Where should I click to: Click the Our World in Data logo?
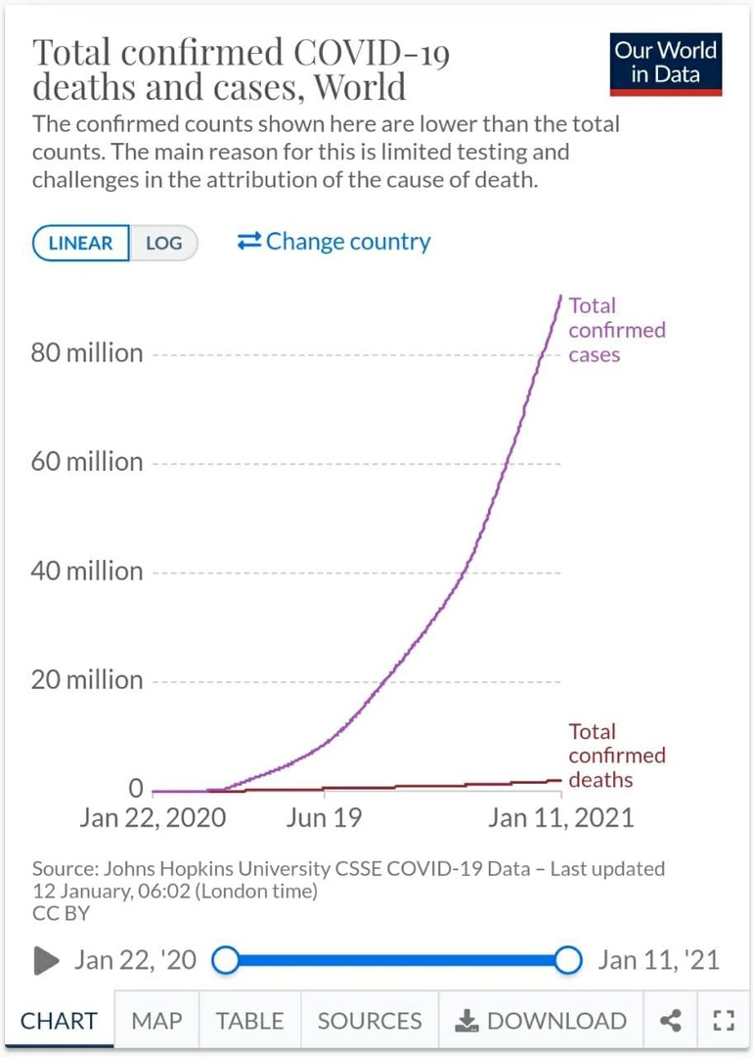(x=666, y=63)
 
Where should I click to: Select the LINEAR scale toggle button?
(x=81, y=244)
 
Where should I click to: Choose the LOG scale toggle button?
(x=163, y=244)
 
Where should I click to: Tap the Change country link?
(x=333, y=242)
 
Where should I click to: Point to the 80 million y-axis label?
(x=87, y=353)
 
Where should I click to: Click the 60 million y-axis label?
(x=87, y=462)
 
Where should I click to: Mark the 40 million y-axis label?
(x=87, y=571)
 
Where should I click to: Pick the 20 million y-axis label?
(x=87, y=679)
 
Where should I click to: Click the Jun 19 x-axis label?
(x=324, y=818)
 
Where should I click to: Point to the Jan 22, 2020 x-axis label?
(x=153, y=818)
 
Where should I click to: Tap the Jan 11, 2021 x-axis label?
(x=560, y=818)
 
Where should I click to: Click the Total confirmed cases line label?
(x=616, y=330)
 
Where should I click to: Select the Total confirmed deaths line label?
(x=616, y=756)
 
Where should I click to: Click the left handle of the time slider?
(x=226, y=960)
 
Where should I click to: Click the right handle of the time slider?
(x=568, y=960)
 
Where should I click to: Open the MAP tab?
(x=156, y=1021)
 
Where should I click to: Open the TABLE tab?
(x=249, y=1021)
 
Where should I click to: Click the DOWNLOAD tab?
(x=541, y=1021)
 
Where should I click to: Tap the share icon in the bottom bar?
(x=671, y=1021)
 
